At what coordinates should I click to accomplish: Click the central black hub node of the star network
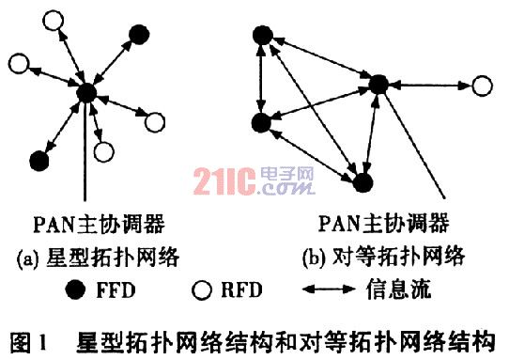pos(86,91)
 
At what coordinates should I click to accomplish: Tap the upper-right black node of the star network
pos(139,34)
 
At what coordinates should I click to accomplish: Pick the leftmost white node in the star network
pos(17,65)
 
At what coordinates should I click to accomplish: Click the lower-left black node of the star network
pos(39,161)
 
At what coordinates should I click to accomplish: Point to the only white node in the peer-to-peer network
pos(481,86)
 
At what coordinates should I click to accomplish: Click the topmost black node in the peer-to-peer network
pos(264,36)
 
